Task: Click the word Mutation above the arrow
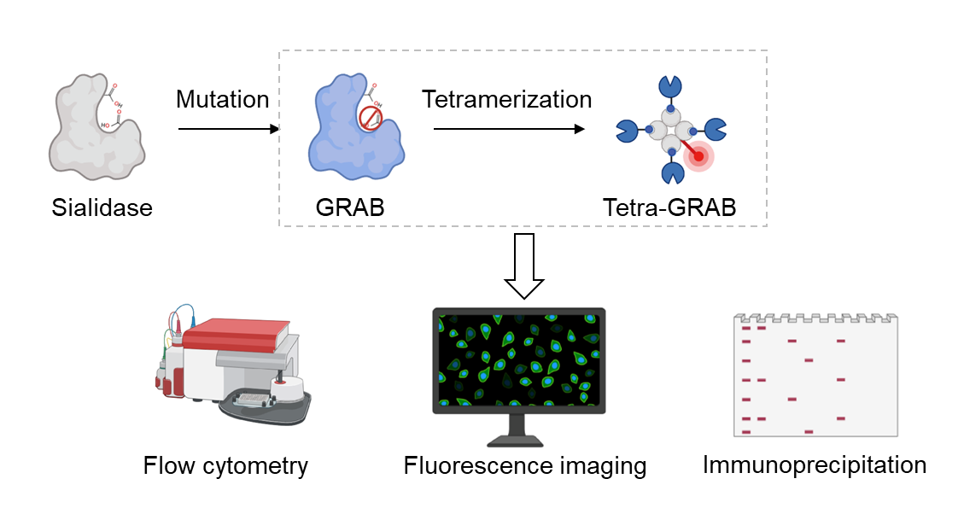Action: pos(222,100)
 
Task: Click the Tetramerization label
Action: pos(506,100)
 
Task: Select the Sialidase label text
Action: pos(101,207)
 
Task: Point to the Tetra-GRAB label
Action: pos(669,207)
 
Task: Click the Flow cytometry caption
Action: pos(225,466)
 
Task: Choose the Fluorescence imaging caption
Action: pos(524,466)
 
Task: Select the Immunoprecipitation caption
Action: pos(814,465)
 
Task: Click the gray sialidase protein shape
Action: pos(92,128)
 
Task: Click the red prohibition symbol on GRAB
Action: pos(369,118)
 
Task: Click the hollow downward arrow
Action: pos(523,266)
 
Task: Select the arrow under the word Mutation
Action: pos(229,129)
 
